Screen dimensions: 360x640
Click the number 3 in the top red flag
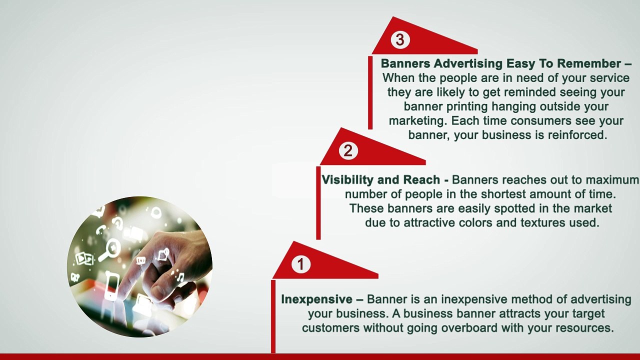(x=399, y=40)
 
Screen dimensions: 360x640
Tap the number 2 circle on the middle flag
(x=348, y=150)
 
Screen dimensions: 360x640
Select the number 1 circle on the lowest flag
(x=300, y=264)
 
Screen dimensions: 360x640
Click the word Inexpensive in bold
(x=316, y=299)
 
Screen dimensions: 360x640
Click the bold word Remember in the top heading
(x=589, y=64)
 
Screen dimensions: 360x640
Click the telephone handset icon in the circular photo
(x=101, y=229)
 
